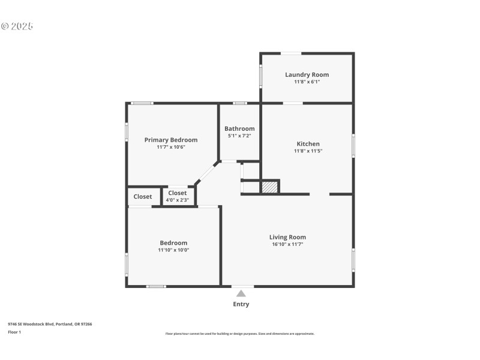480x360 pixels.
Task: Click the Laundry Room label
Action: (307, 75)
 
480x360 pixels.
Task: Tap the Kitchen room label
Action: (308, 144)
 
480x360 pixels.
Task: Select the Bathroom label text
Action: (239, 128)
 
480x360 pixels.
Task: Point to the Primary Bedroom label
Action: (171, 140)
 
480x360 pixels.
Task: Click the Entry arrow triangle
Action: (241, 293)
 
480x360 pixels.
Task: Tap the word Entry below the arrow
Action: (241, 304)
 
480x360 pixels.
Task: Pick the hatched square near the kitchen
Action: (270, 187)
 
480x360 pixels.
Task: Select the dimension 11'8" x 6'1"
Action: (307, 82)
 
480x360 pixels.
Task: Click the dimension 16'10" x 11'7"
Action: (287, 244)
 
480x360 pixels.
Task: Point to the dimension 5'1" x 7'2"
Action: (239, 136)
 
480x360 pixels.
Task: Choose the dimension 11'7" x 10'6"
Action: (171, 147)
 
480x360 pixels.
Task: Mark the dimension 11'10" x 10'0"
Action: (173, 250)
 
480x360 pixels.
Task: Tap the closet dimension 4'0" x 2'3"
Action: (177, 200)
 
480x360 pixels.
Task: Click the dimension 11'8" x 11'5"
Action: (308, 151)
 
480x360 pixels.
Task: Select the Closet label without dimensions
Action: (143, 196)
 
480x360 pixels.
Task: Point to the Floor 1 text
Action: (14, 332)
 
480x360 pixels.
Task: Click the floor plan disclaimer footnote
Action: (239, 334)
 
